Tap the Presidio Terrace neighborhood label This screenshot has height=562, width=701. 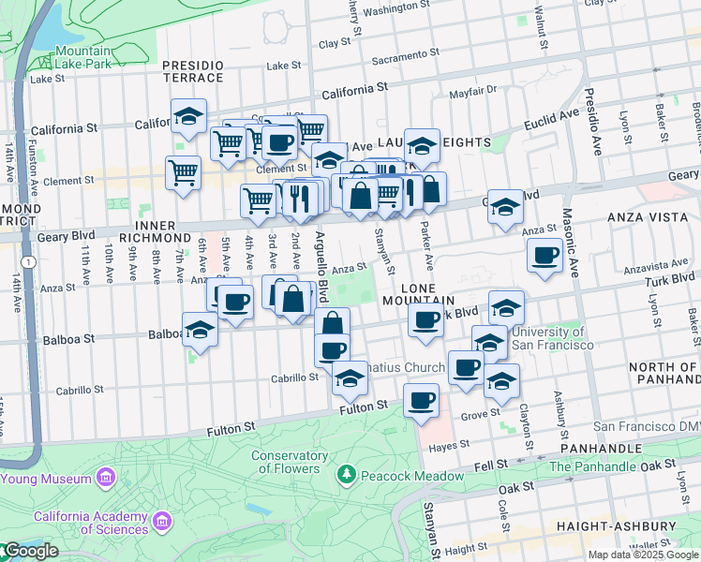[x=192, y=71]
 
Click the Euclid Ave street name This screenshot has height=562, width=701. [x=548, y=117]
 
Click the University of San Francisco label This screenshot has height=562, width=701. [x=548, y=338]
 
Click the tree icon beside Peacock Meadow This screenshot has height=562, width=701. [x=347, y=475]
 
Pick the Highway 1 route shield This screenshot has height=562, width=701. [x=31, y=262]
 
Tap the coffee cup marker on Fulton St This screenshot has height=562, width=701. [x=421, y=401]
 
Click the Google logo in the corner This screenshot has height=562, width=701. [x=30, y=551]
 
